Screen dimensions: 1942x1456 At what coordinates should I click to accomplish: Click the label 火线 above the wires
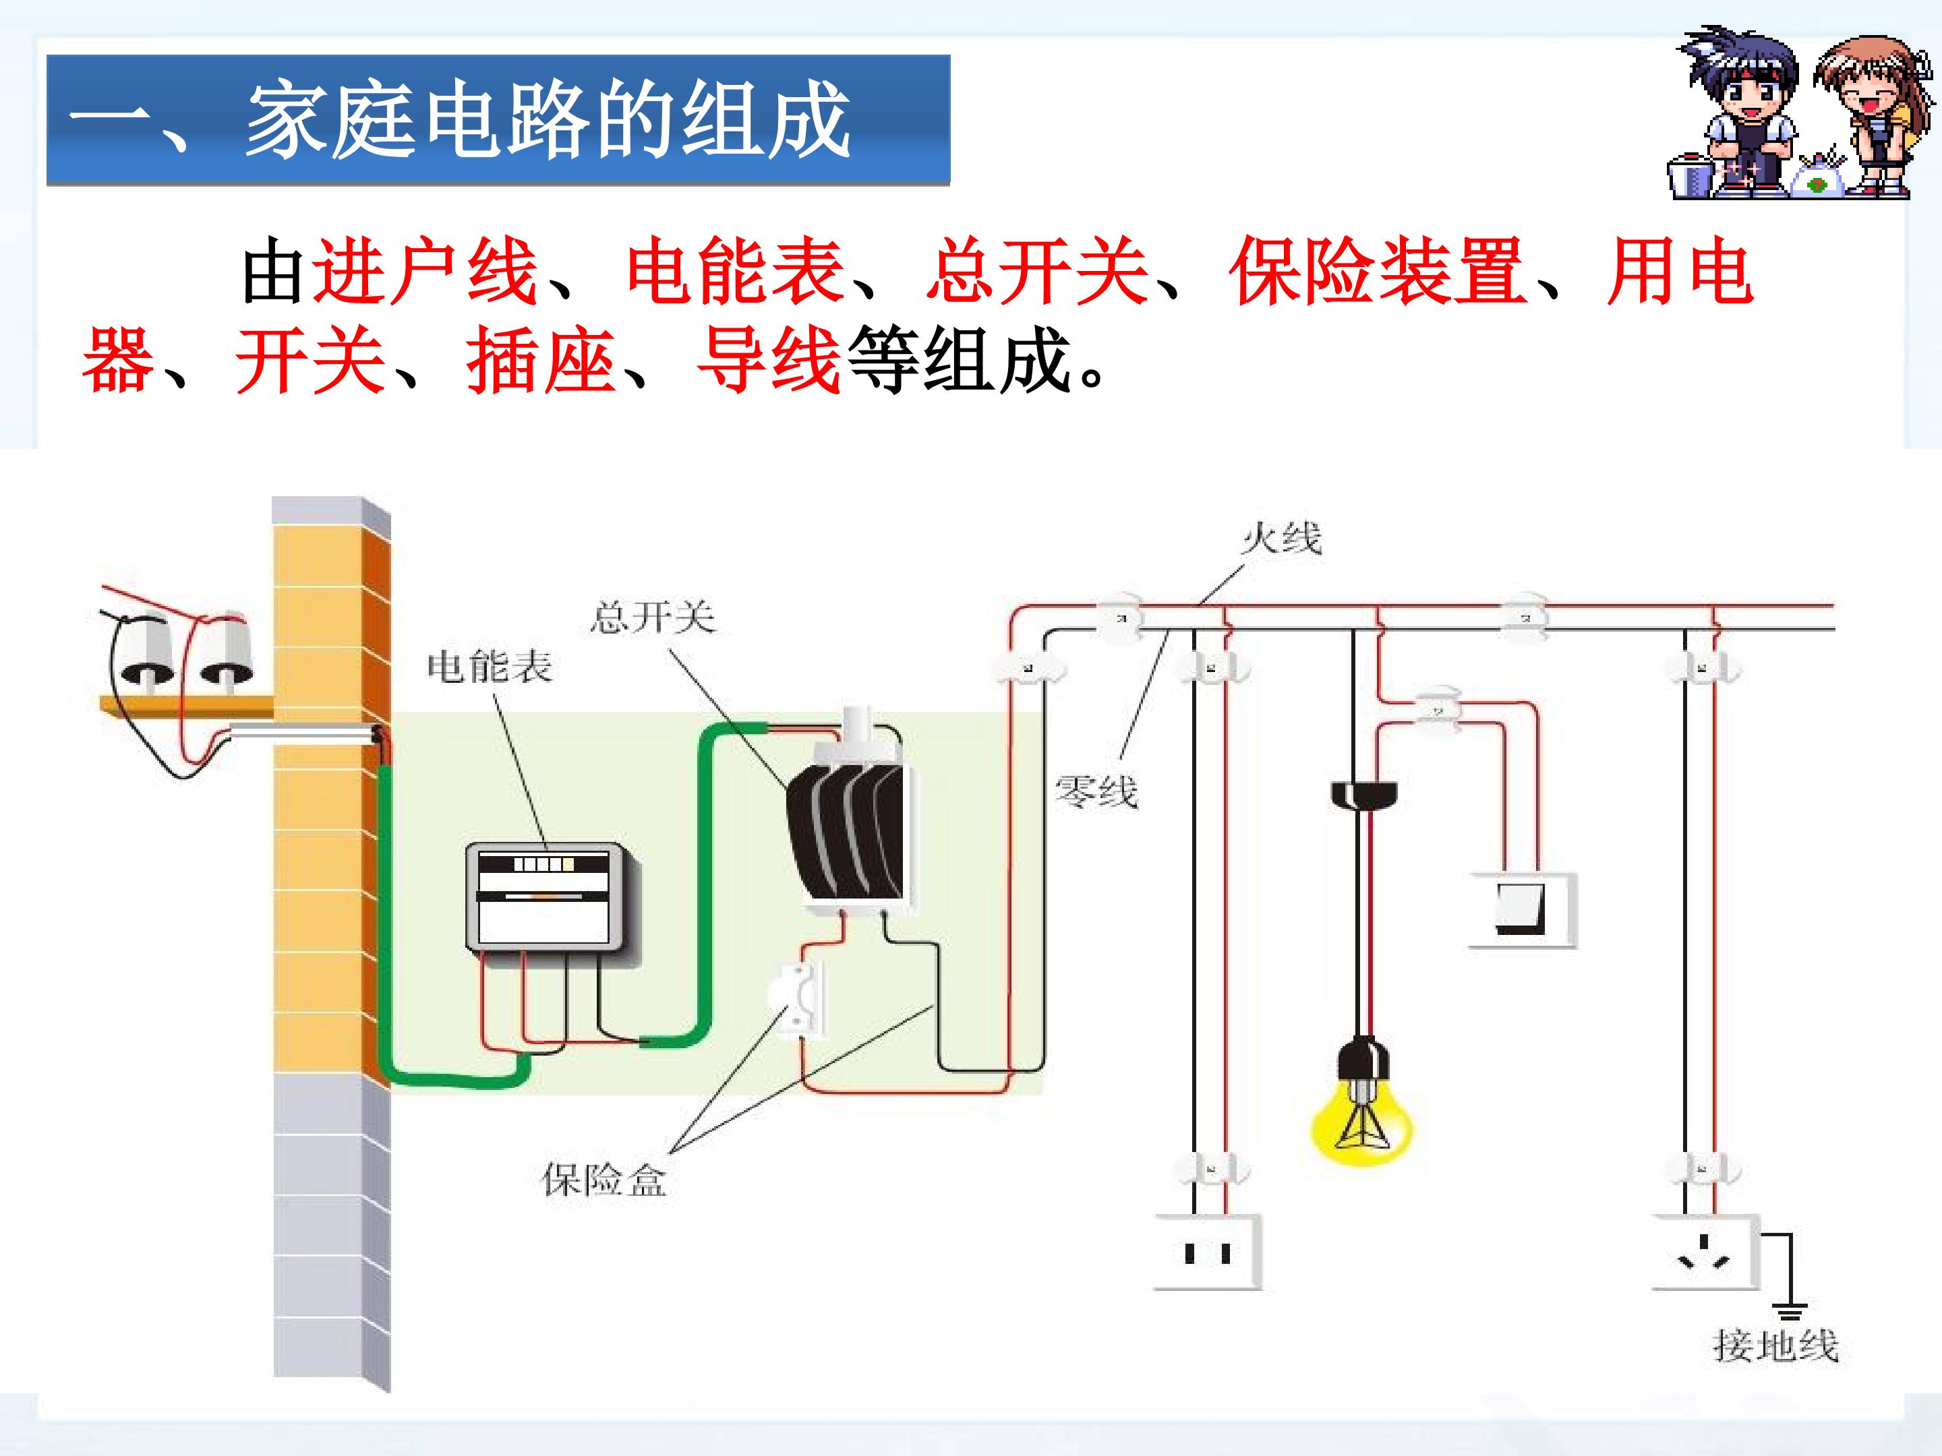coord(1281,537)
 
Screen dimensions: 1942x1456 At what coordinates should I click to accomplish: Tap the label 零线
coord(1096,791)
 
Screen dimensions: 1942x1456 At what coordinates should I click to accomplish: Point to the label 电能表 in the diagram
coord(489,668)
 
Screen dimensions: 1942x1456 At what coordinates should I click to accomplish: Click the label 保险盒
coord(604,1180)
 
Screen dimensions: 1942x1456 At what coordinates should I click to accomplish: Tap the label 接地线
coord(1775,1345)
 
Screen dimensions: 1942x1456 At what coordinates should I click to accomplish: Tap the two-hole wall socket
coord(1207,1252)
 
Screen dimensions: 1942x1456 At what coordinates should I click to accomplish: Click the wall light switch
coord(1523,910)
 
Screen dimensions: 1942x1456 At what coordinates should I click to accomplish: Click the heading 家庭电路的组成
coord(546,119)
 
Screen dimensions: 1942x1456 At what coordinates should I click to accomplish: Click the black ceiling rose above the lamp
coord(1363,794)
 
